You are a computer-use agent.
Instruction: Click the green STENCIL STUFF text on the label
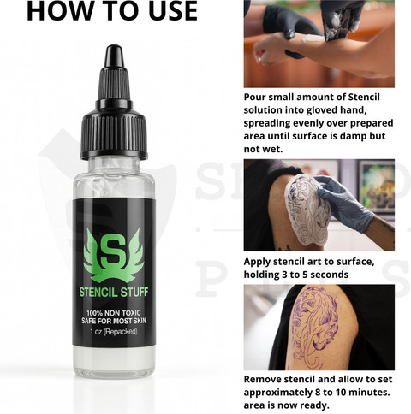(x=114, y=293)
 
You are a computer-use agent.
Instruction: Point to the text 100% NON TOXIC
(x=114, y=313)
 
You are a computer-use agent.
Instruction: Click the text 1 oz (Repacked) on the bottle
(x=114, y=332)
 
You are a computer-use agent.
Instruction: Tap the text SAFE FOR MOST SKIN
(x=114, y=321)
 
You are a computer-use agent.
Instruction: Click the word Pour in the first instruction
(x=254, y=97)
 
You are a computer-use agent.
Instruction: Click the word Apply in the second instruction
(x=257, y=262)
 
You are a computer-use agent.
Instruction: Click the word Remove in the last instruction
(x=261, y=379)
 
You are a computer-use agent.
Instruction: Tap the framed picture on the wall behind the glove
(x=376, y=186)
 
